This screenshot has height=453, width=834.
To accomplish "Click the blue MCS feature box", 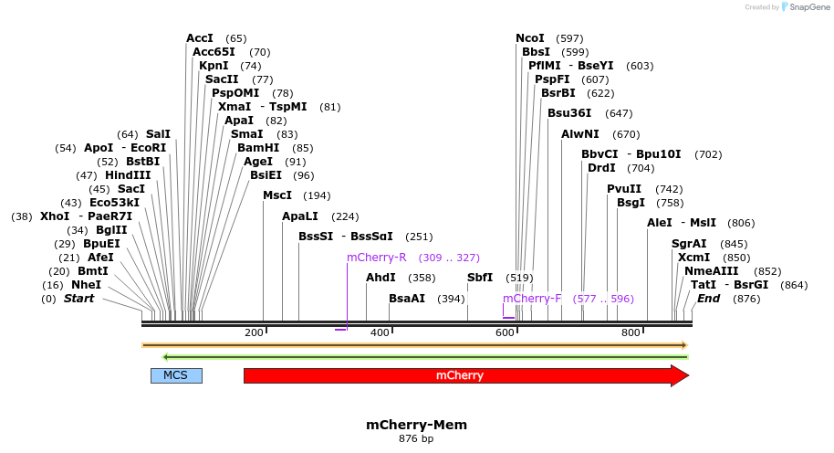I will coord(176,375).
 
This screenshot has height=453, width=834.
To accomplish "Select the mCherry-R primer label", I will coord(376,258).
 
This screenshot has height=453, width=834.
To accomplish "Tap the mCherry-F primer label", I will coord(532,299).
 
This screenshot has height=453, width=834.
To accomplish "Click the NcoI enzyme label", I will coord(529,38).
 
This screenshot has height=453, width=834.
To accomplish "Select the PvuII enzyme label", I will coord(625,189).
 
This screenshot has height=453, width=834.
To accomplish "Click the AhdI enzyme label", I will coord(381,278).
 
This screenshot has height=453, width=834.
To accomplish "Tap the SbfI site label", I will coord(479,278).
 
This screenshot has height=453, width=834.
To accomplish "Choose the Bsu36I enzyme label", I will coord(569,113).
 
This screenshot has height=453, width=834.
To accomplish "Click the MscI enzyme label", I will coord(276,195).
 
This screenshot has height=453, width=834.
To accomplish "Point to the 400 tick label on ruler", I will coord(380,332).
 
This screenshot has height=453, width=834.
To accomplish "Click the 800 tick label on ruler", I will coord(630,332).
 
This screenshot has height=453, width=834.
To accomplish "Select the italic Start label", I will coord(78,299).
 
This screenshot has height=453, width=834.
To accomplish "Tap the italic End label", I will coord(709,299).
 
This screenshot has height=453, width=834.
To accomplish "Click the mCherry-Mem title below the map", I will coord(416,425).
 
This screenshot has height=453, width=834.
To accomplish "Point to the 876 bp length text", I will coord(416,439).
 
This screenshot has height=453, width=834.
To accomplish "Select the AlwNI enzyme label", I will coord(580,134).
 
